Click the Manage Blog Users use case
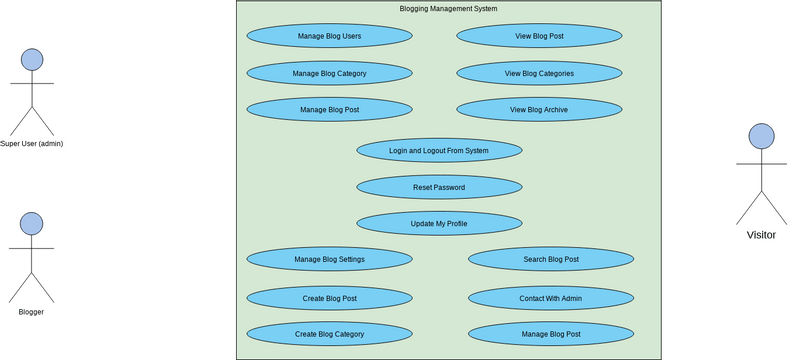329,36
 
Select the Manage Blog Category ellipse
329,73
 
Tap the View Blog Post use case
539,36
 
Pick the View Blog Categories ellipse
539,73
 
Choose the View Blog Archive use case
539,110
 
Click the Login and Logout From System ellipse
439,151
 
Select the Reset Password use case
439,187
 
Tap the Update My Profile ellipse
439,223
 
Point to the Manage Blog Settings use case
329,259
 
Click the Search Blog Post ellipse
551,259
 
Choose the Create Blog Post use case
329,297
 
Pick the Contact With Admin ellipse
551,297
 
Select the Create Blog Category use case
329,334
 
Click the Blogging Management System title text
448,9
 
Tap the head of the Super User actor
32,59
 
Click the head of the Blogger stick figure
31,223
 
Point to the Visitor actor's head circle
761,136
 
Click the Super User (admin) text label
31,143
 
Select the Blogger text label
31,312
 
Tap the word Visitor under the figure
761,235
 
